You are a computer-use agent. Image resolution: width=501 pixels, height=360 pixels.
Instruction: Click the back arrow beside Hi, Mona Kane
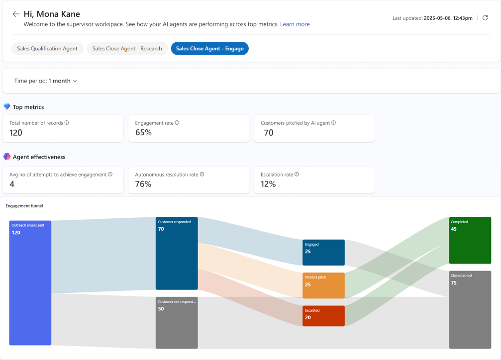(x=16, y=14)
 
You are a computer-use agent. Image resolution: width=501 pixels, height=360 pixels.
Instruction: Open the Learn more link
(x=295, y=24)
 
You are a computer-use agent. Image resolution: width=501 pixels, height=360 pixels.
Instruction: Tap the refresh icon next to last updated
(x=485, y=18)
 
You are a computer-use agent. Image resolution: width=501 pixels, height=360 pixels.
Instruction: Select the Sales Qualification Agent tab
(x=47, y=48)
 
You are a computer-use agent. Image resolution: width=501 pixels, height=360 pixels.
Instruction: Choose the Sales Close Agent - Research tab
(x=127, y=48)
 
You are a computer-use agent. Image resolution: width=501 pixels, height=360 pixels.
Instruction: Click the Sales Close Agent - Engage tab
(x=209, y=48)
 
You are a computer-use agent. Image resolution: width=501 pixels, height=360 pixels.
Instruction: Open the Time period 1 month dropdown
(x=45, y=81)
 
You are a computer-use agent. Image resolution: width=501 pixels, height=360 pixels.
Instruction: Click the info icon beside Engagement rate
(x=177, y=123)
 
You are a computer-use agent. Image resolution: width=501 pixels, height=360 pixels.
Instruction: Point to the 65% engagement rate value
(x=143, y=133)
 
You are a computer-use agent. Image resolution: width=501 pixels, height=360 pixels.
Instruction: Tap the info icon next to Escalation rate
(x=297, y=175)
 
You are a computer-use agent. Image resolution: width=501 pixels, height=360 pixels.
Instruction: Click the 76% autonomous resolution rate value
(x=143, y=184)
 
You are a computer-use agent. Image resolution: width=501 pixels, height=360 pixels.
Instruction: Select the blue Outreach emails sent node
(x=30, y=282)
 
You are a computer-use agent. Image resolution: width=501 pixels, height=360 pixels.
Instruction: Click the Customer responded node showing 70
(x=177, y=253)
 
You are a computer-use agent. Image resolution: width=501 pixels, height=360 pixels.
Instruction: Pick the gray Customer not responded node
(x=177, y=323)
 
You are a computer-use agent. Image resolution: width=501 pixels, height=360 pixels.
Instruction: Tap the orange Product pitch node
(x=323, y=285)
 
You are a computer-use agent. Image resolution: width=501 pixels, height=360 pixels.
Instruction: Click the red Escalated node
(x=323, y=316)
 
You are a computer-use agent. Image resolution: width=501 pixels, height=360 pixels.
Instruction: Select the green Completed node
(x=470, y=240)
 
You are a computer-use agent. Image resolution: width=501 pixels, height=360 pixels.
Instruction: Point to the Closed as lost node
(x=470, y=309)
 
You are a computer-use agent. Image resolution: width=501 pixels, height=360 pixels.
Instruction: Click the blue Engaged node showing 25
(x=323, y=253)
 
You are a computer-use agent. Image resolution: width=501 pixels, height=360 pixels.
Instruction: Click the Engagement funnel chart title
(x=24, y=206)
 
